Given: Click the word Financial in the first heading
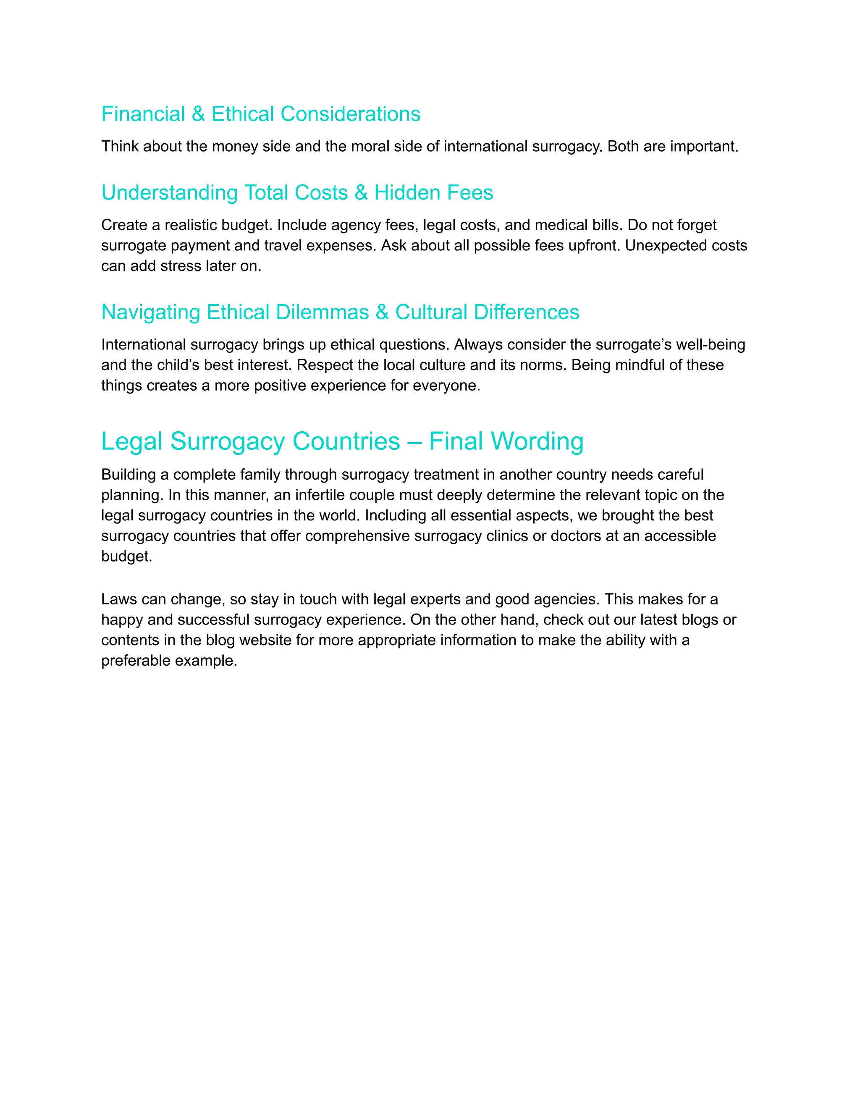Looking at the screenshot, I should point(143,114).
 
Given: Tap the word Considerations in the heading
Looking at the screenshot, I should point(351,114).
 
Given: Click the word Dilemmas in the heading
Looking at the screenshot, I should point(322,312).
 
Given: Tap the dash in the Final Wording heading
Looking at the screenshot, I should point(414,441).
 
